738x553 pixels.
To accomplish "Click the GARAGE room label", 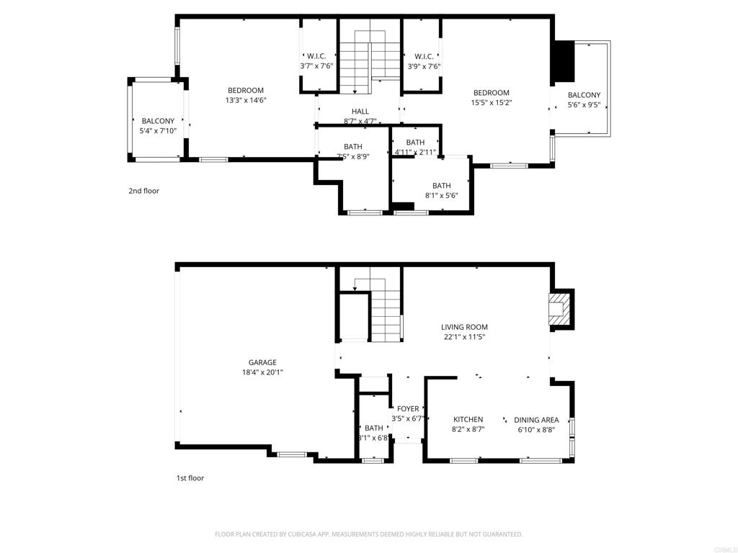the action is click(x=262, y=363).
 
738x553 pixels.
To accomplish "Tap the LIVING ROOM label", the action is click(x=464, y=327).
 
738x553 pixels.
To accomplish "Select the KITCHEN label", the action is click(x=468, y=420).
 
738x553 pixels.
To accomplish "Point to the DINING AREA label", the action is click(x=536, y=420).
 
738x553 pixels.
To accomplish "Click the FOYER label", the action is click(x=408, y=409).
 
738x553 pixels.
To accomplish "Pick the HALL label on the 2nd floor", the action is click(x=360, y=112).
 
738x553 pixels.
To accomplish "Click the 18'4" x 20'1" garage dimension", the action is click(x=262, y=372).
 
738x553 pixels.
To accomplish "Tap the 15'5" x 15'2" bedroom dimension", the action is click(x=492, y=102).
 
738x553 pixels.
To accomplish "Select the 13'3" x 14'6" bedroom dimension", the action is click(x=246, y=100).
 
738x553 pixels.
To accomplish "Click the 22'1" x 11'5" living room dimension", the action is click(x=464, y=337).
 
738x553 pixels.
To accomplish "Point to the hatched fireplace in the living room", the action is click(x=561, y=309).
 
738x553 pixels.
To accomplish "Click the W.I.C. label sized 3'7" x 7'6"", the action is click(x=316, y=56).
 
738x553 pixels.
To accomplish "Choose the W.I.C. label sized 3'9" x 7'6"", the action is click(x=424, y=56).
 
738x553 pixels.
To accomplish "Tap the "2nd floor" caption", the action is click(x=143, y=191).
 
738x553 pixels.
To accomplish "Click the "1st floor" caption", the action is click(x=190, y=478).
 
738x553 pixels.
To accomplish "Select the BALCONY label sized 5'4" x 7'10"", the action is click(x=158, y=121).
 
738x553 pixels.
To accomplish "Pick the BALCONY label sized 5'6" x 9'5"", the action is click(x=584, y=95).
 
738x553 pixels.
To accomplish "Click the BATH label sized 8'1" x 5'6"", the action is click(x=442, y=186).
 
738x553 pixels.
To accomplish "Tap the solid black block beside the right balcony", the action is click(x=565, y=62).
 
